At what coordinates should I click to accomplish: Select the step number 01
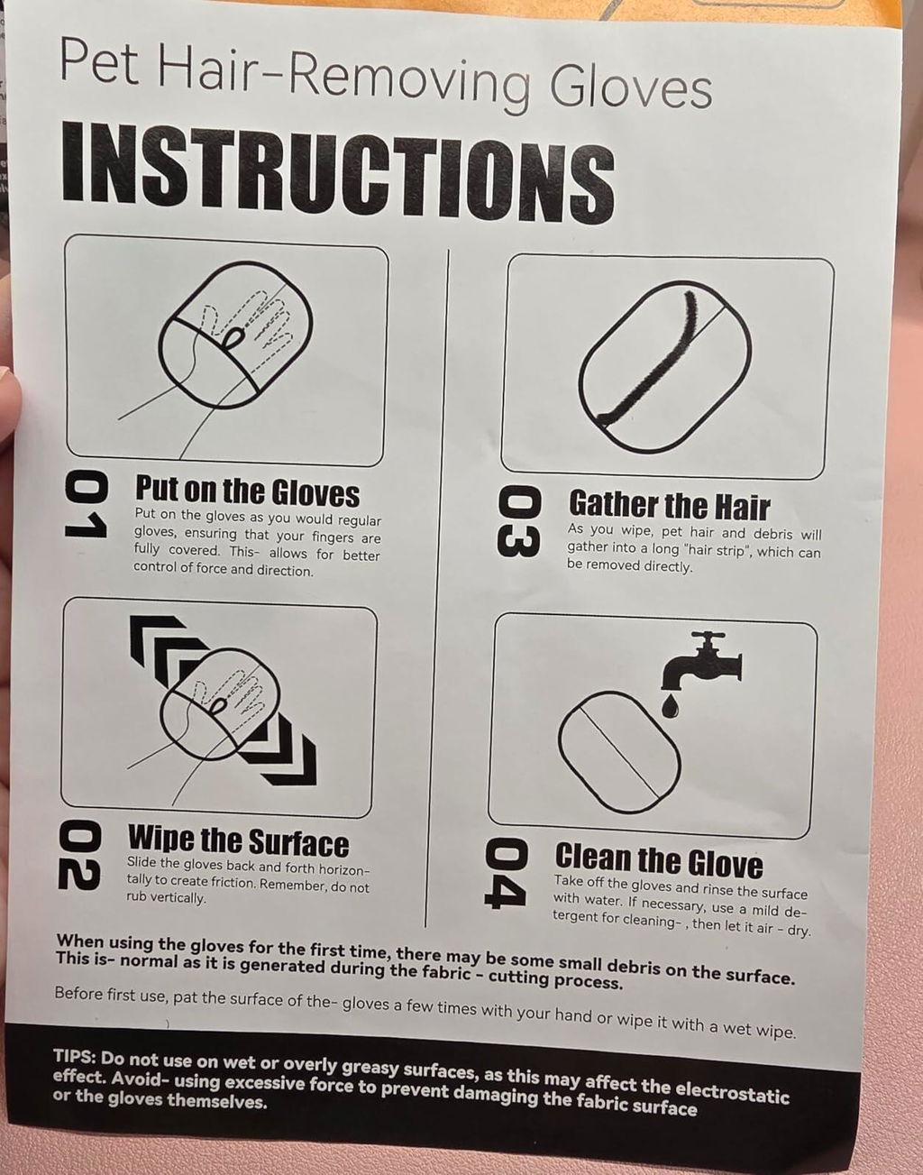(x=87, y=506)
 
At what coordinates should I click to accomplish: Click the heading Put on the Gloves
(x=247, y=491)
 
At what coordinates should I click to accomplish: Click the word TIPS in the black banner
(x=75, y=1054)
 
